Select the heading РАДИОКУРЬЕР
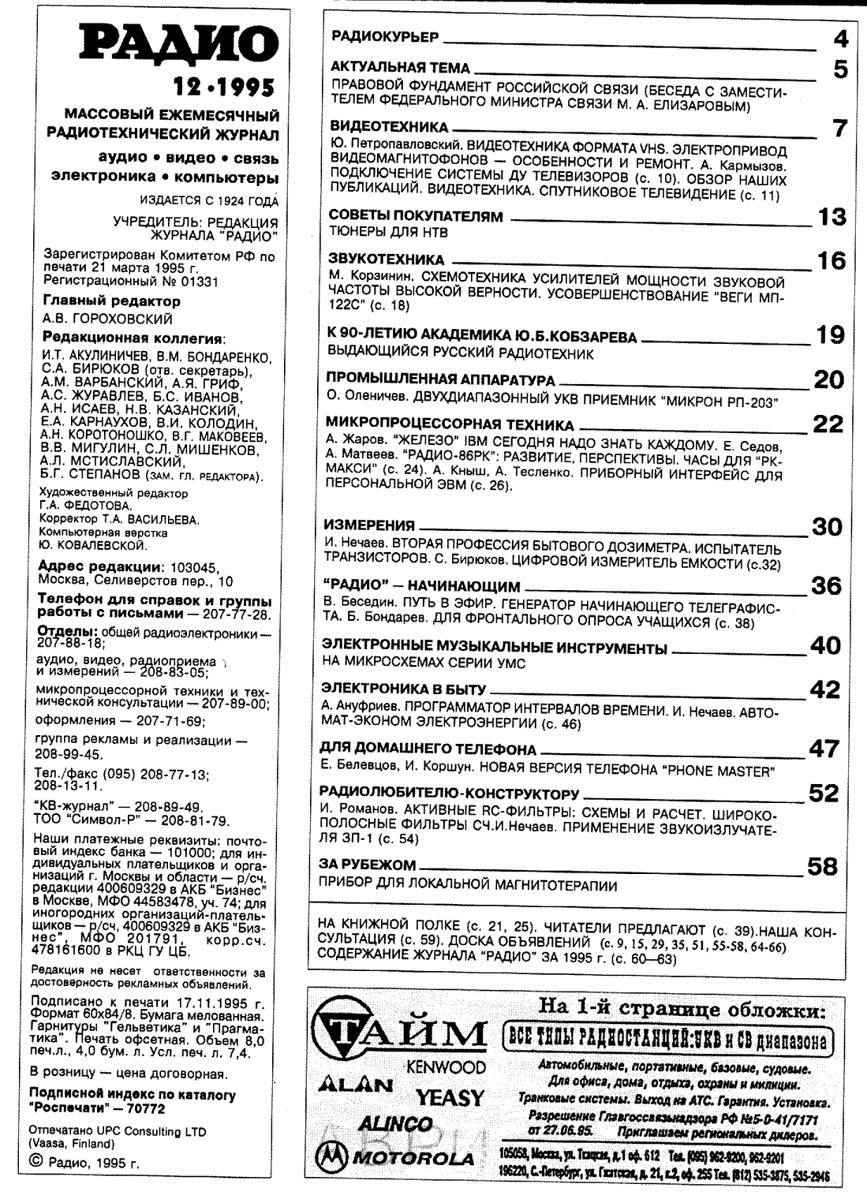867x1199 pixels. [383, 36]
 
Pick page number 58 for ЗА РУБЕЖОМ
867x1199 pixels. [822, 868]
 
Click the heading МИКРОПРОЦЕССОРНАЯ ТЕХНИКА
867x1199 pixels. [450, 425]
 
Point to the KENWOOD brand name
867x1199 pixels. [446, 1067]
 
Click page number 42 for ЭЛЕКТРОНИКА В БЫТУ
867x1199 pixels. [825, 690]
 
